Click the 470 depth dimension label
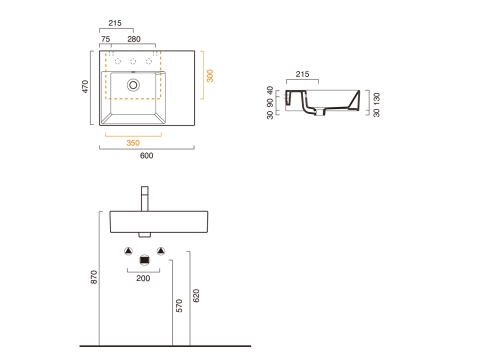pos(85,87)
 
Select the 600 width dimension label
pos(147,156)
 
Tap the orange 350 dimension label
pos(133,143)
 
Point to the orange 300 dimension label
pos(210,76)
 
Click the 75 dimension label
pos(105,39)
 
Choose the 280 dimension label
pos(134,39)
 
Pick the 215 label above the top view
pos(115,23)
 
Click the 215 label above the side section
pos(302,74)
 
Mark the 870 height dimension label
pos(94,277)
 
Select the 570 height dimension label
pos(179,306)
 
